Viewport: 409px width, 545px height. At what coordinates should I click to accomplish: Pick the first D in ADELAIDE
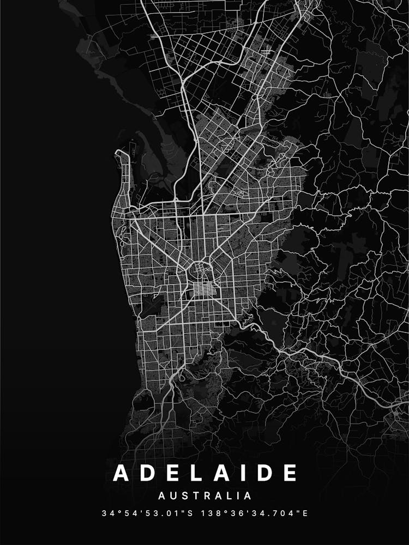point(146,473)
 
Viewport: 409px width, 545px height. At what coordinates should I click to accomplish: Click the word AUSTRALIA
point(204,496)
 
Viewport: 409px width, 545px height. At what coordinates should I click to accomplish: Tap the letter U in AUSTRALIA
point(173,496)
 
